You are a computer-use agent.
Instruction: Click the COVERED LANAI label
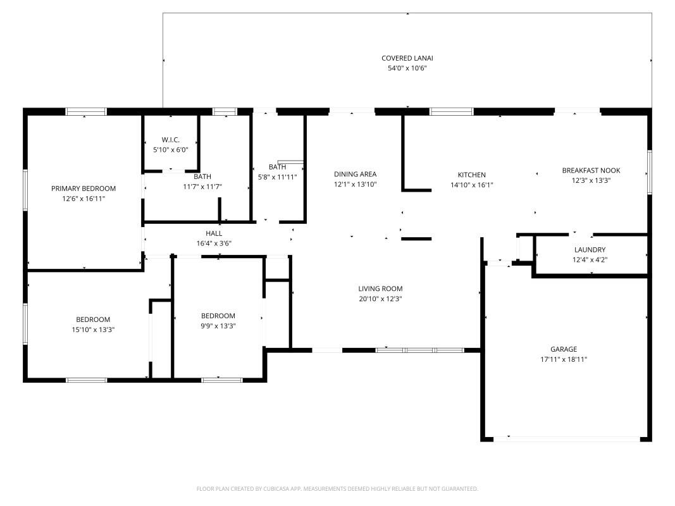(407, 58)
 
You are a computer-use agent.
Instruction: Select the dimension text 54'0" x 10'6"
(407, 68)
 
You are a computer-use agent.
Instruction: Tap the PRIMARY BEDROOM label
(84, 188)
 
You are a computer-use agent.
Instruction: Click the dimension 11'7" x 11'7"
(202, 187)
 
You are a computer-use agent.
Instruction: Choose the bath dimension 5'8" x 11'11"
(277, 177)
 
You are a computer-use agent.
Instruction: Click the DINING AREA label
(355, 175)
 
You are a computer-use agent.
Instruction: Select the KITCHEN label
(471, 175)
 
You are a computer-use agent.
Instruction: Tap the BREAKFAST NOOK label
(591, 170)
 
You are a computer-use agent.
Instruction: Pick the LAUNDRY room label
(590, 250)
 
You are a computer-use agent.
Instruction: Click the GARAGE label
(563, 349)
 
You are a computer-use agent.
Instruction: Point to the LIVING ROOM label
(380, 289)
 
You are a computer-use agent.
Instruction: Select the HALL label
(213, 233)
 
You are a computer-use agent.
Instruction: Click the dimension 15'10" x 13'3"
(93, 330)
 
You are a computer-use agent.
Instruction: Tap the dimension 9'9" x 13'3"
(218, 326)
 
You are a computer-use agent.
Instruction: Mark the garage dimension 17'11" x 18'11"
(563, 359)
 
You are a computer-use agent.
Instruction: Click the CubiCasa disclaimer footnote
(337, 489)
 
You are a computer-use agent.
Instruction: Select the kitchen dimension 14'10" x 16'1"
(471, 185)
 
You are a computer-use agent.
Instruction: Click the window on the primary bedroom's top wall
(85, 112)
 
